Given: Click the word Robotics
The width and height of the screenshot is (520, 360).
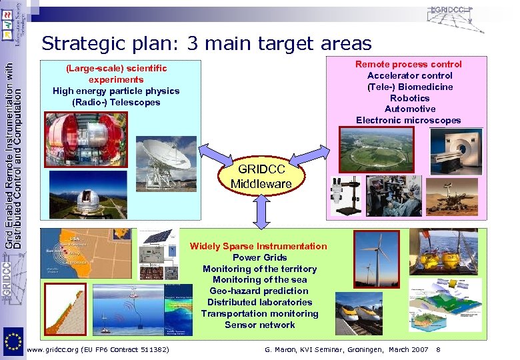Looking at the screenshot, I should coord(408,98).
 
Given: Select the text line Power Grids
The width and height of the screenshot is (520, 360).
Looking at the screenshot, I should coord(259,257).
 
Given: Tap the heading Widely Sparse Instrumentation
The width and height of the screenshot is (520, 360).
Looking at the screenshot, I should coord(259,246).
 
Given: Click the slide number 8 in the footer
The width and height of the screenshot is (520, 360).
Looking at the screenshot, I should coord(438,349).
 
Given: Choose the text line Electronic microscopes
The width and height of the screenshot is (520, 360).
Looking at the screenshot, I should coord(408,120).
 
